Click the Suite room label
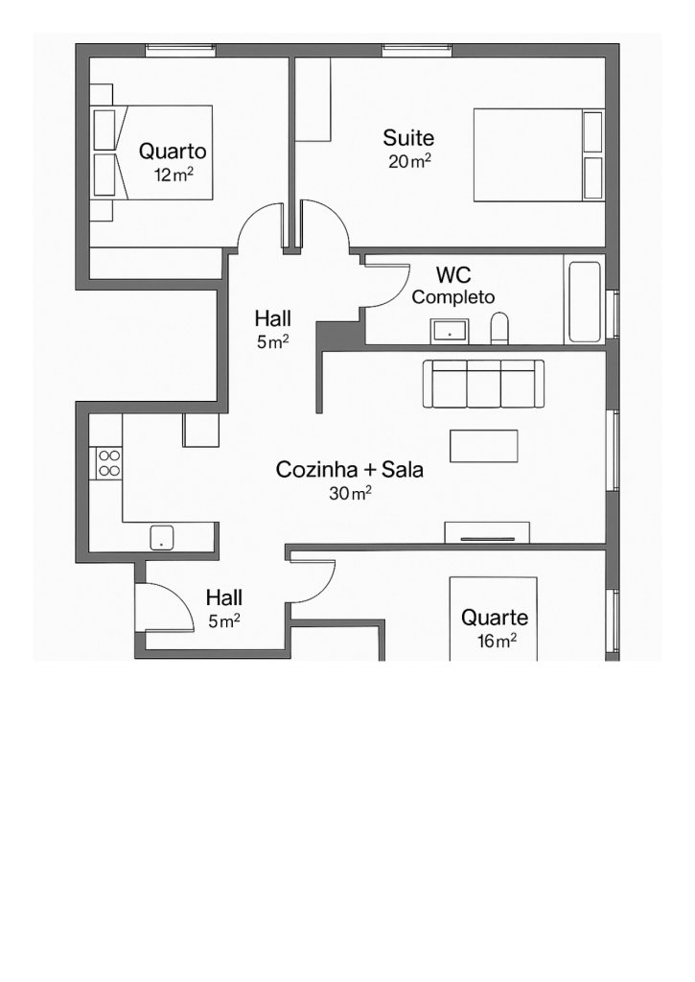click(x=408, y=138)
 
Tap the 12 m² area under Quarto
click(x=173, y=175)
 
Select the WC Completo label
click(x=452, y=286)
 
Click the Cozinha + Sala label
click(x=349, y=470)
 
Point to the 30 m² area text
click(x=349, y=494)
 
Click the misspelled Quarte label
click(x=494, y=618)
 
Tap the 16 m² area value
click(x=496, y=642)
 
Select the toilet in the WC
click(x=499, y=329)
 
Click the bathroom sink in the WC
click(x=449, y=332)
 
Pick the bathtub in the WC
click(x=584, y=299)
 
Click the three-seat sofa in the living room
click(x=485, y=384)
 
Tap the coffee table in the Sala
click(x=483, y=446)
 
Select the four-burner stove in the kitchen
click(x=108, y=463)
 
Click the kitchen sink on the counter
click(x=161, y=536)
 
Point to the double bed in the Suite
click(x=537, y=154)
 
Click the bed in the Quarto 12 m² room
click(x=153, y=152)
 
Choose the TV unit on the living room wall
click(x=487, y=532)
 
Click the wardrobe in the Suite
click(x=313, y=100)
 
